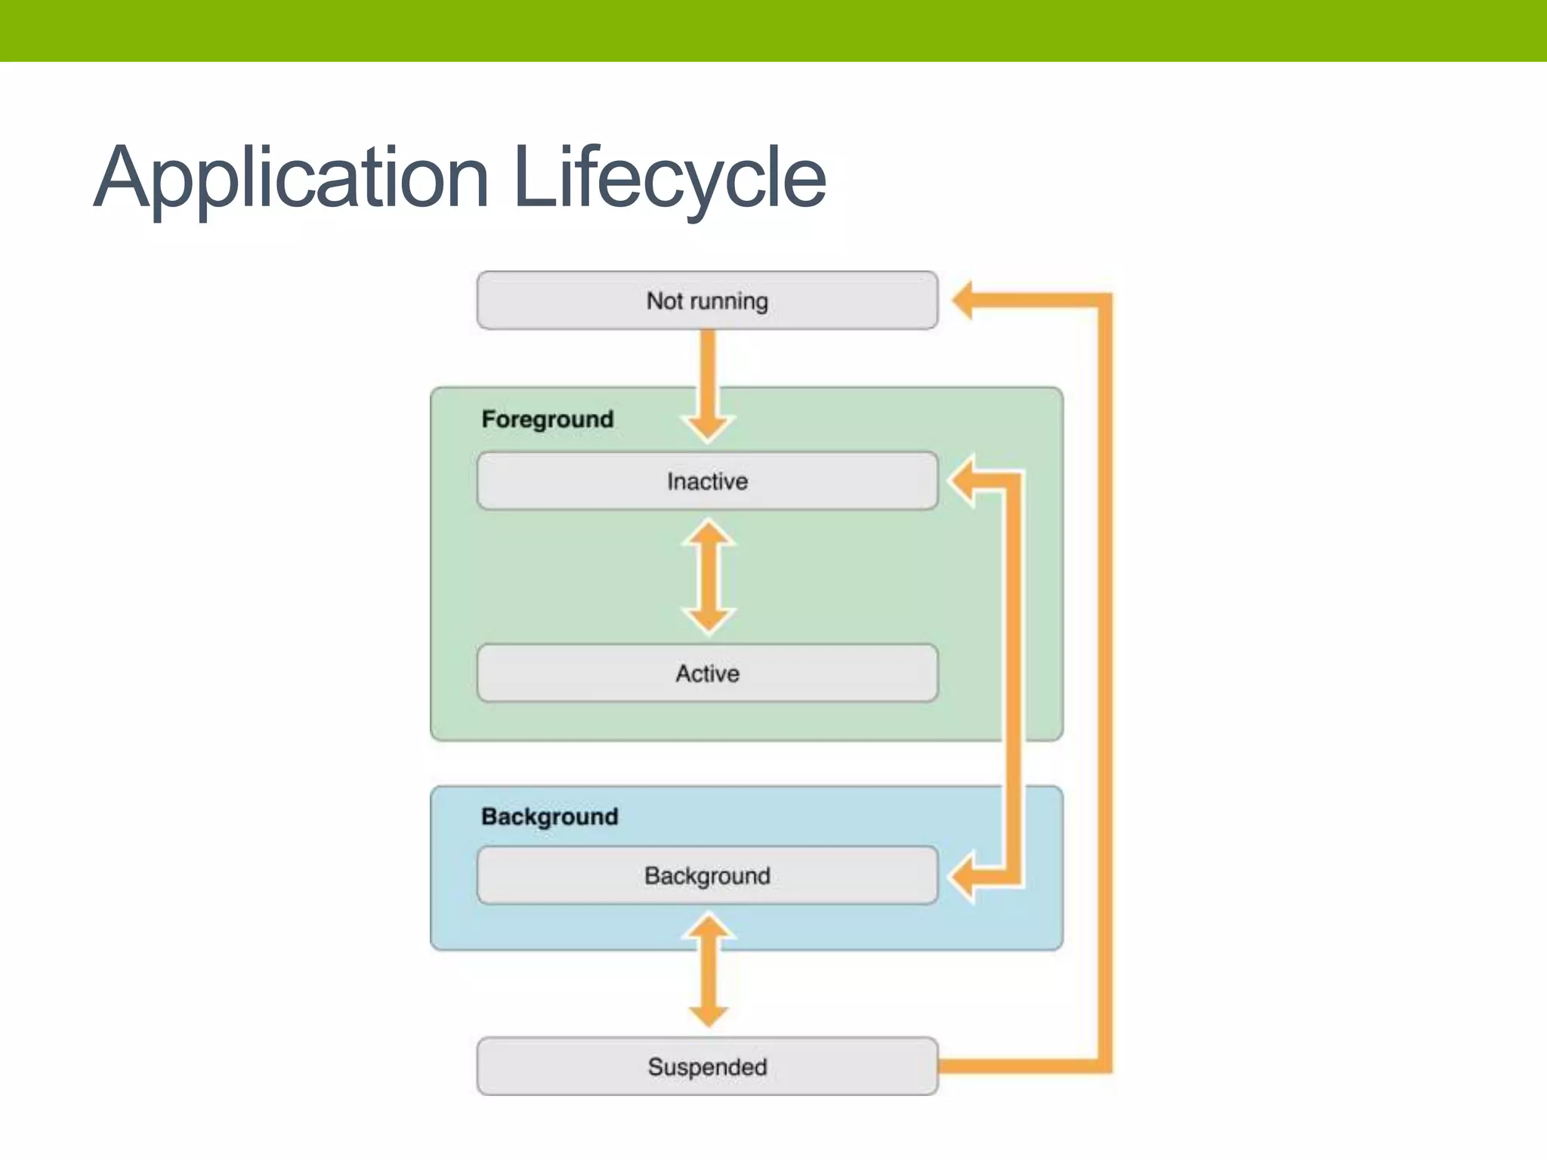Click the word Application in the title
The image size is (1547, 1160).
pos(291,178)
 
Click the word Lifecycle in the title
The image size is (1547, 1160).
pos(669,178)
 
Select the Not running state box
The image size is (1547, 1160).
pos(707,301)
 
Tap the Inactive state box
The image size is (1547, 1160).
pos(707,481)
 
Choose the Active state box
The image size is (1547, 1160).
pos(707,673)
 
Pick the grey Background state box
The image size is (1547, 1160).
pos(707,875)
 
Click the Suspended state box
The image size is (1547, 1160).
pos(707,1066)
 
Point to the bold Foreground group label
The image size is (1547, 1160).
pos(548,419)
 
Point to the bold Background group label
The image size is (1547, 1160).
pos(550,816)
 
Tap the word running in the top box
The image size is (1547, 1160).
pos(728,301)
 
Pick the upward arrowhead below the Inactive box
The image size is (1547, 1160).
pos(708,533)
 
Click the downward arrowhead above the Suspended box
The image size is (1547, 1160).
pos(709,1015)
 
